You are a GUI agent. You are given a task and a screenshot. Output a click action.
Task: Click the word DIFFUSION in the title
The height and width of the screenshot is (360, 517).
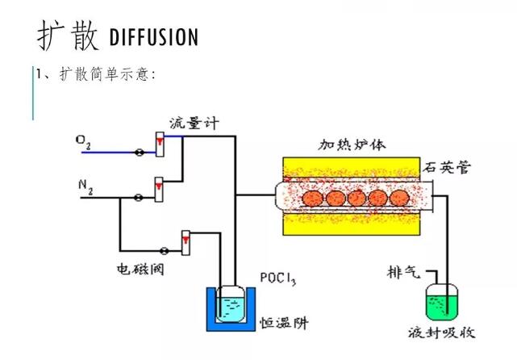click(x=152, y=37)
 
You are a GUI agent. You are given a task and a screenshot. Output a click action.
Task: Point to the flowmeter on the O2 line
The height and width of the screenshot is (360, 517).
click(x=160, y=144)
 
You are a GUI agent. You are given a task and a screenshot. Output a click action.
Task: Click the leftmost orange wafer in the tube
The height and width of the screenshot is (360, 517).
click(x=311, y=198)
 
